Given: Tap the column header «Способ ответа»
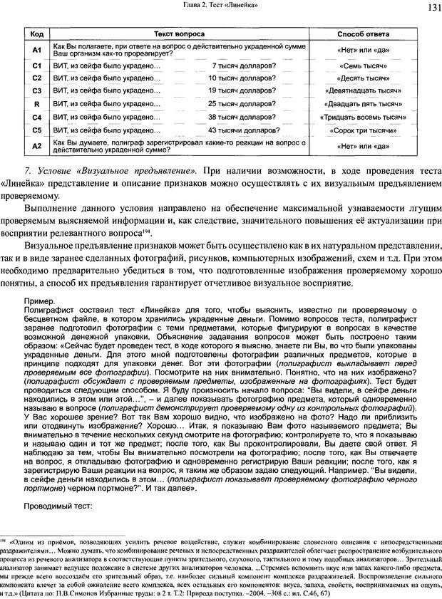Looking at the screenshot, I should tap(366, 34).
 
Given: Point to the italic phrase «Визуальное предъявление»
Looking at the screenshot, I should tap(131, 172).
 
